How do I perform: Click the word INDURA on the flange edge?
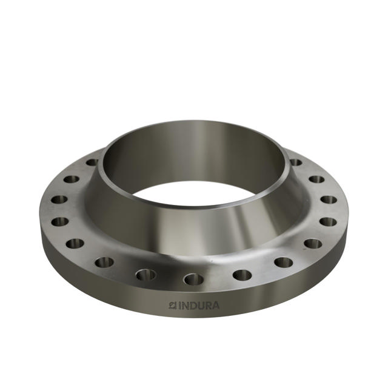pos(198,306)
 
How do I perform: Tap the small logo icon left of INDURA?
pos(173,306)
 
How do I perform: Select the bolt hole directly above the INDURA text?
pos(194,279)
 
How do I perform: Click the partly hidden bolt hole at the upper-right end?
pos(296,162)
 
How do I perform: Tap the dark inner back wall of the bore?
pos(194,155)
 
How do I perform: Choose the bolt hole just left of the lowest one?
pos(145,275)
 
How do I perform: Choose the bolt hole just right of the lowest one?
pos(242,275)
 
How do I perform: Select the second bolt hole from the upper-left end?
pos(72,179)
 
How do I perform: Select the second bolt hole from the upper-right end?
pos(316,179)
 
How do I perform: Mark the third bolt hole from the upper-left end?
pos(59,199)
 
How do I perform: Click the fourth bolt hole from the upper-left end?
pos(59,221)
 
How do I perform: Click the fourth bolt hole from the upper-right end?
pos(328,221)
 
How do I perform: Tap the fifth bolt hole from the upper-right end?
pos(313,244)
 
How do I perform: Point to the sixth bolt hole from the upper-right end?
pos(283,262)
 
